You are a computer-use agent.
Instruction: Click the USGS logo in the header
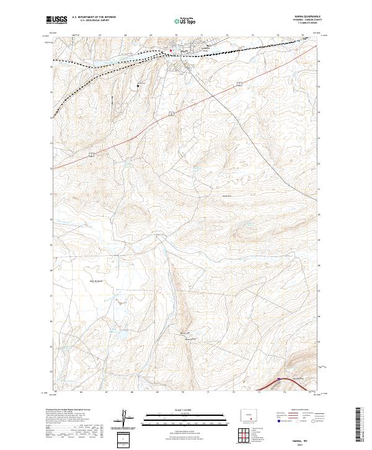click(x=56, y=20)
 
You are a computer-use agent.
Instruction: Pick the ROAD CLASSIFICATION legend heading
click(x=295, y=410)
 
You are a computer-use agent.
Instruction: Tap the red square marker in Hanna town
click(x=171, y=50)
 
